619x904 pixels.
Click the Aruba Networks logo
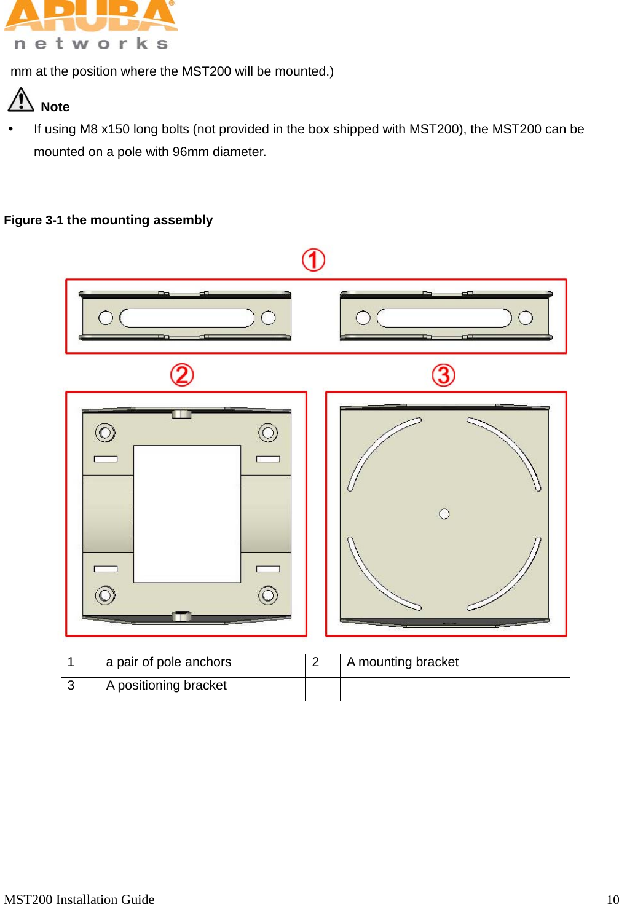pos(90,25)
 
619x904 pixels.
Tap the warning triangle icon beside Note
pos(20,100)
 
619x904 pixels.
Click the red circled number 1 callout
pos(313,260)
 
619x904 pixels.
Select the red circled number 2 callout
pos(182,375)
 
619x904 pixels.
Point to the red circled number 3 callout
pos(443,375)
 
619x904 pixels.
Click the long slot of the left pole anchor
pos(187,318)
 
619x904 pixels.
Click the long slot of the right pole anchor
pos(444,318)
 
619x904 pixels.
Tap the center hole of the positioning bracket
pos(444,514)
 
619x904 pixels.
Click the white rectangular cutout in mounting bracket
pos(187,514)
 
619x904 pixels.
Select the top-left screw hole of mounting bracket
pos(105,433)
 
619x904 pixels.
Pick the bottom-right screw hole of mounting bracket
pos(268,595)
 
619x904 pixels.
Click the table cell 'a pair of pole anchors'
pos(168,662)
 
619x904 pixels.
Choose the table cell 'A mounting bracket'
pos(403,662)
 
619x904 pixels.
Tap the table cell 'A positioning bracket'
pos(166,686)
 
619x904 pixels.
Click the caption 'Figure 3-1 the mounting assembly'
pos(108,220)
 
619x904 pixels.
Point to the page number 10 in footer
pos(612,899)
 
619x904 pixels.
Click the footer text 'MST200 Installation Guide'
pos(79,899)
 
